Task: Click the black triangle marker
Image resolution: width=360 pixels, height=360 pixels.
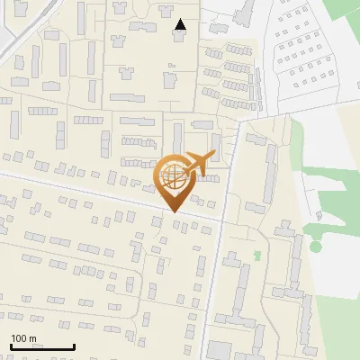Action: (181, 25)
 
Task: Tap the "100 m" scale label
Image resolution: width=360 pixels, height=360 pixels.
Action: (23, 338)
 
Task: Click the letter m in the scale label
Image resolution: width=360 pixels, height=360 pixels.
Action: (32, 338)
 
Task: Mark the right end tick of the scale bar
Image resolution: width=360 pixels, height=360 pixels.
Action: (74, 345)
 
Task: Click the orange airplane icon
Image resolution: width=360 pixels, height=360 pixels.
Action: (200, 163)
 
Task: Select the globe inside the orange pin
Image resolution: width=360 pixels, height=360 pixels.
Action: (171, 175)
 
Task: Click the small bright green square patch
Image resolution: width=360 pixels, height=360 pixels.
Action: (257, 256)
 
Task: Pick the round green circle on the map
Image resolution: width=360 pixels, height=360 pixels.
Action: (315, 246)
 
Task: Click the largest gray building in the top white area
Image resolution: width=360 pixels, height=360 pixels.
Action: (243, 16)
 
